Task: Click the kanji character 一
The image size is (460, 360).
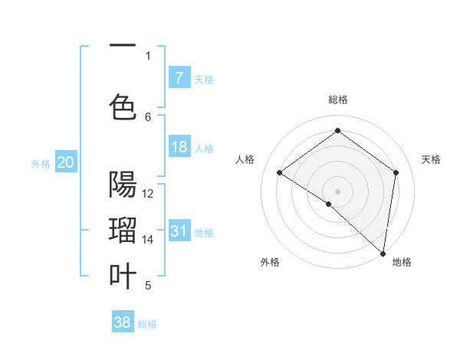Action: (123, 46)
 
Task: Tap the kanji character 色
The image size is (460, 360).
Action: (123, 106)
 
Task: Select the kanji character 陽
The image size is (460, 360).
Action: (123, 185)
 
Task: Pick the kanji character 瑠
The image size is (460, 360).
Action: (123, 231)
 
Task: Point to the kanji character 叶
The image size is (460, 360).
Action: (123, 276)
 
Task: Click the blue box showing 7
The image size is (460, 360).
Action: (179, 78)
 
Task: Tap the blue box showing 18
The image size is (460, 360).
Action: (179, 148)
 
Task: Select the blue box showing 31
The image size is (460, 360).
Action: (179, 231)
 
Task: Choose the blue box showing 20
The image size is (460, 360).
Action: (66, 162)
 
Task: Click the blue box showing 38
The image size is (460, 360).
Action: (123, 322)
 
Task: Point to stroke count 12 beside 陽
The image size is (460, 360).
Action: (148, 194)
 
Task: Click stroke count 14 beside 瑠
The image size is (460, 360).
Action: (148, 240)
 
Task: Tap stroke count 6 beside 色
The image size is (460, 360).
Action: (148, 116)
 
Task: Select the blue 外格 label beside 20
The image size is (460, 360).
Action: (40, 163)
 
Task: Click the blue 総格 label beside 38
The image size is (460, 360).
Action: (147, 323)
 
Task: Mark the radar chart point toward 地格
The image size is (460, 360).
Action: (383, 254)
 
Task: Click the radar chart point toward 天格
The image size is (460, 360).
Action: (396, 172)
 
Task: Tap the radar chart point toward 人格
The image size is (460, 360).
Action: (280, 172)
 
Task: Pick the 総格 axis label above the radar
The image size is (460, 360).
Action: (337, 100)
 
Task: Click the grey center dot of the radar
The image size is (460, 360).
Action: (337, 191)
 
